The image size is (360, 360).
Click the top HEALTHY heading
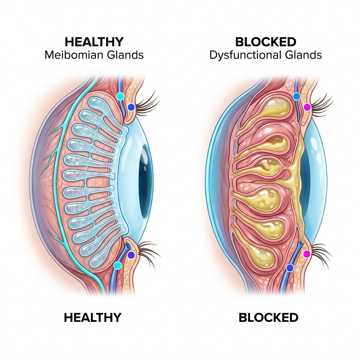[x=94, y=42]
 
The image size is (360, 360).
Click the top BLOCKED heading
[x=266, y=42]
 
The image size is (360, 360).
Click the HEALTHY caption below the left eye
[x=92, y=317]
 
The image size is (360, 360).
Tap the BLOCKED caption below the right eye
[x=268, y=317]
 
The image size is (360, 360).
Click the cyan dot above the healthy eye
[x=120, y=96]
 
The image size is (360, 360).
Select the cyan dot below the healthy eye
[x=117, y=265]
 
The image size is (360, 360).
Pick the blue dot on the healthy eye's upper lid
[x=131, y=107]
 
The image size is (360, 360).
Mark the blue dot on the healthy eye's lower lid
[x=131, y=255]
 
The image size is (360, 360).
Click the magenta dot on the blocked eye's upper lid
[x=307, y=107]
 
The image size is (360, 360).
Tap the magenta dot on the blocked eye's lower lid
[x=307, y=254]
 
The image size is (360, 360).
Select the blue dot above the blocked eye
[x=297, y=96]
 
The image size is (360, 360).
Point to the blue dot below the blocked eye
[x=290, y=268]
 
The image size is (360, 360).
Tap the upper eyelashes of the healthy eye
[x=147, y=102]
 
